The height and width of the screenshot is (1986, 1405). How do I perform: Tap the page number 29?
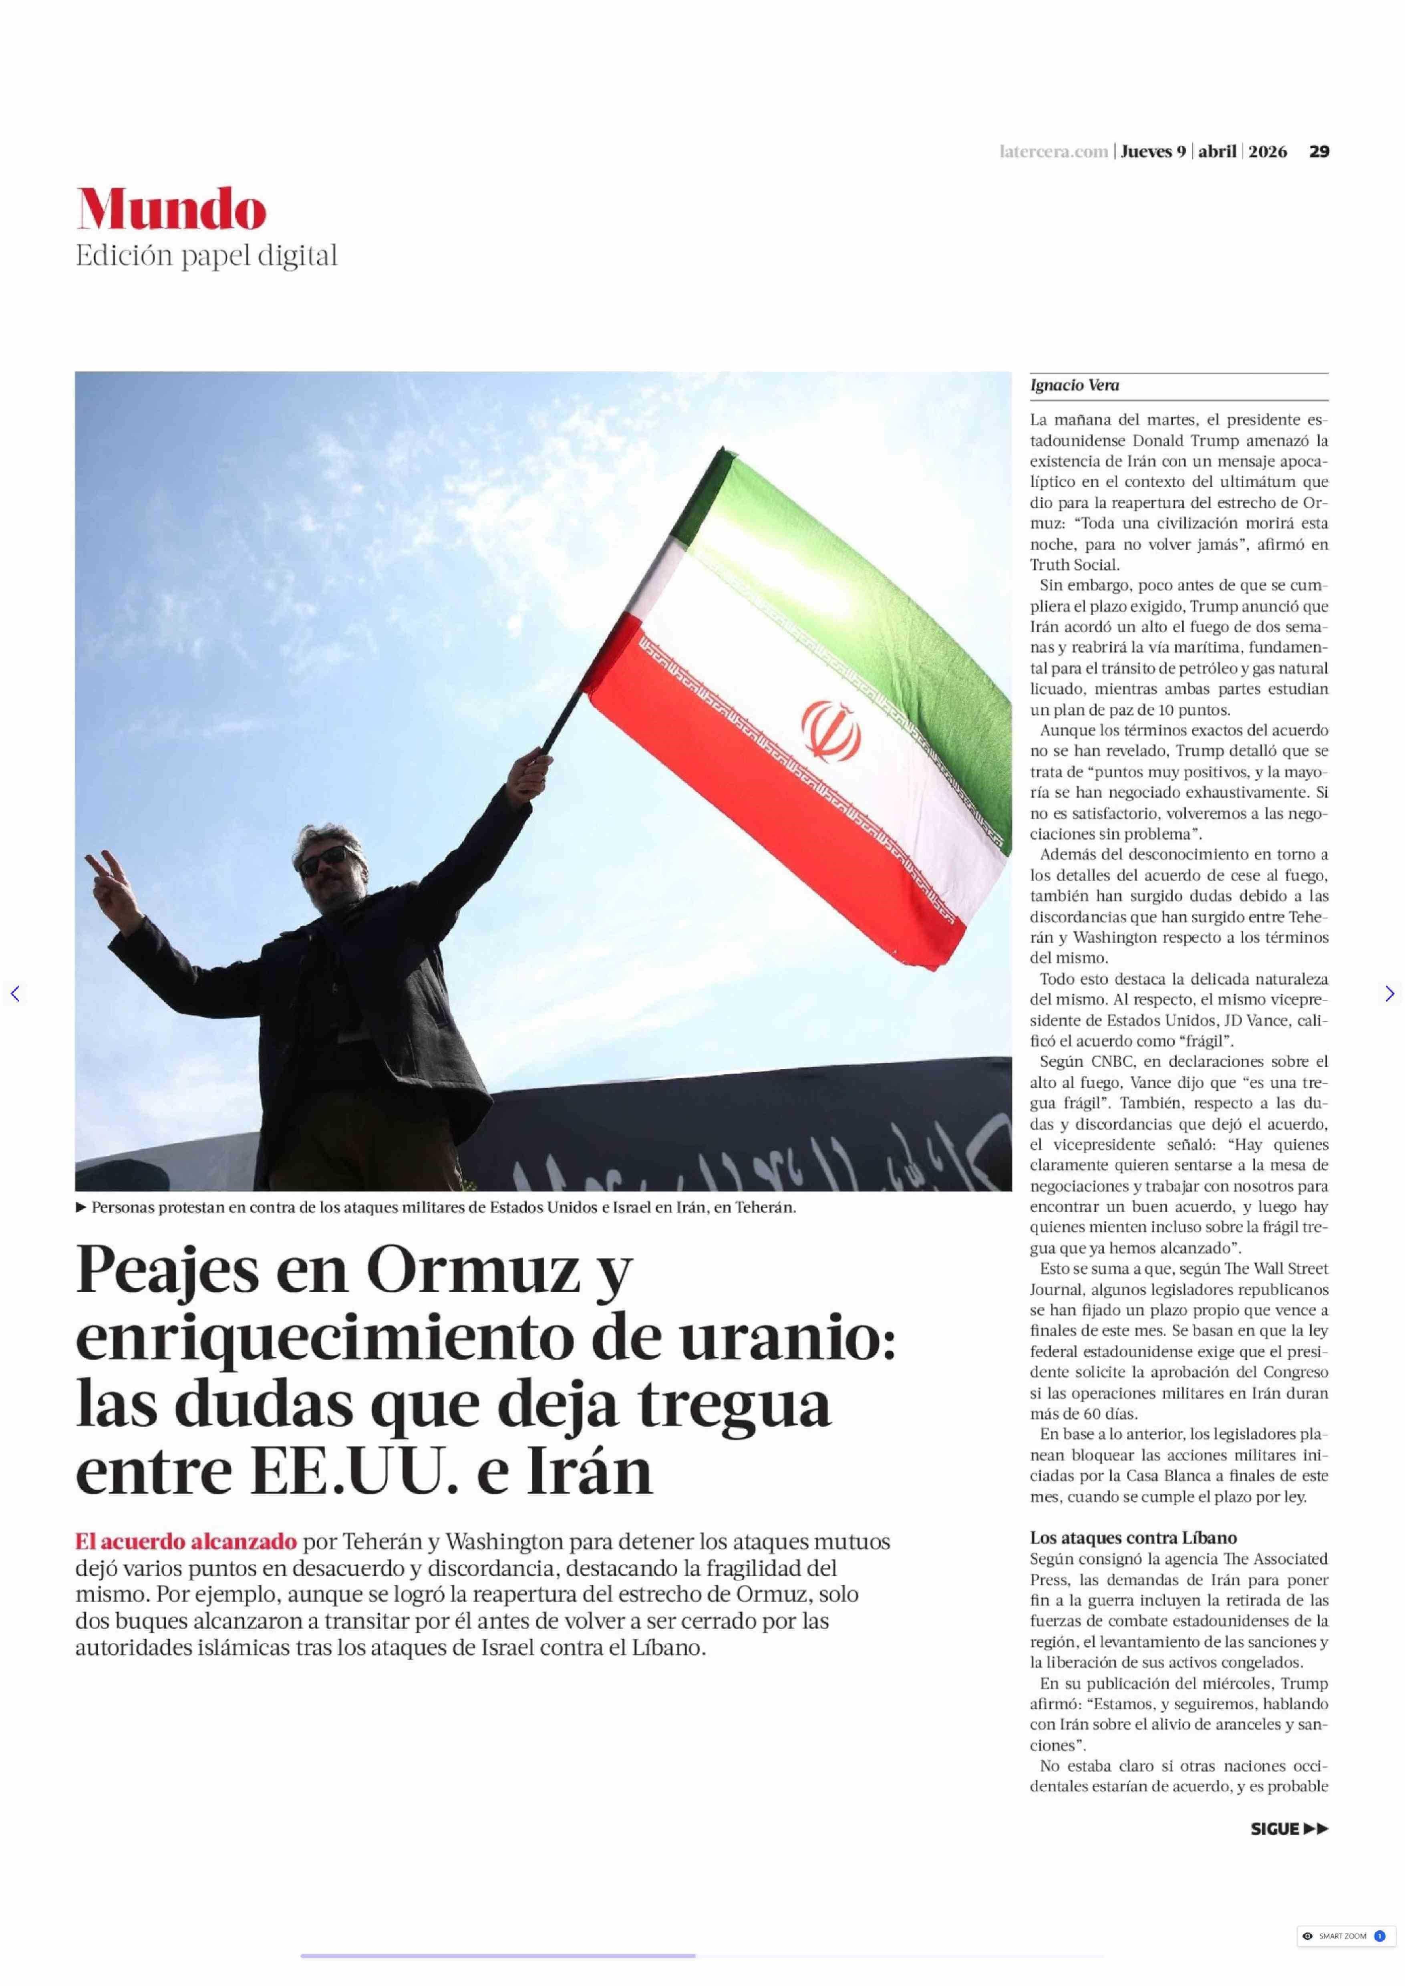[x=1318, y=151]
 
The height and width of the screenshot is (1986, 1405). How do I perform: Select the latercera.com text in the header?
[x=1053, y=151]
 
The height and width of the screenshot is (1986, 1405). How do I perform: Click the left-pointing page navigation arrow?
[x=15, y=993]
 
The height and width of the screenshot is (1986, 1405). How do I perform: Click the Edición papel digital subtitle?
[x=206, y=256]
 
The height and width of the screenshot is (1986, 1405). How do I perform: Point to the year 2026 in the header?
[x=1268, y=151]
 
